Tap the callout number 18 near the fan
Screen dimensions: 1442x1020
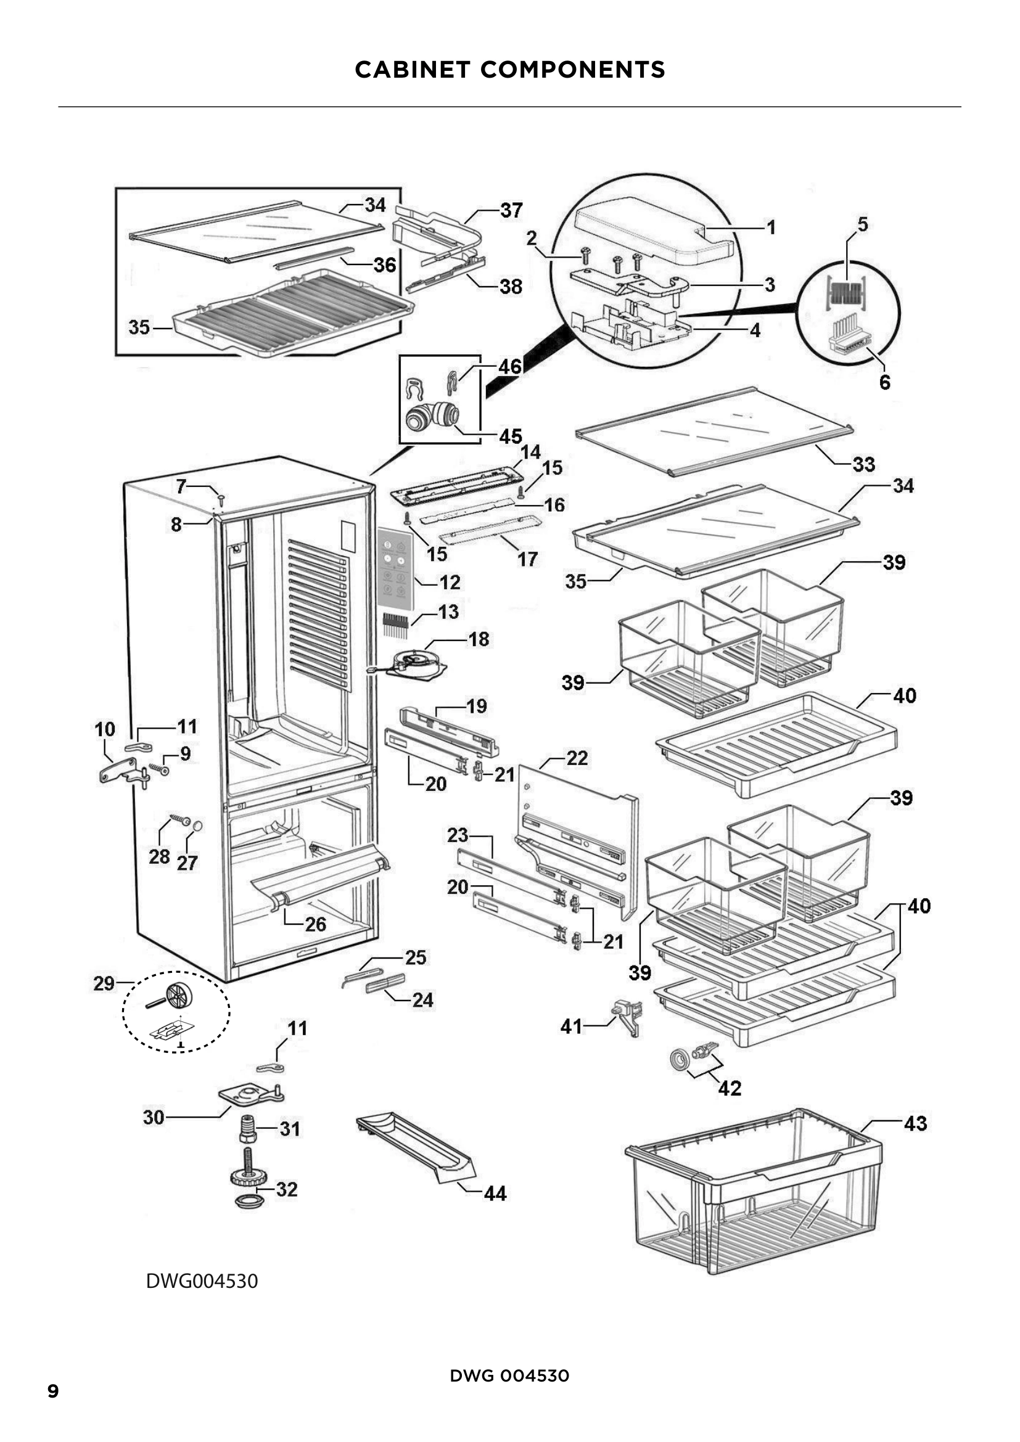479,639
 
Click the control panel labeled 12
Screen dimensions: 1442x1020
396,568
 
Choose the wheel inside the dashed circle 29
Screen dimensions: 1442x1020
178,994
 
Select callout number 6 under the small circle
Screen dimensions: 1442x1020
884,382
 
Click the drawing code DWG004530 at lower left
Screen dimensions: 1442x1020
202,1281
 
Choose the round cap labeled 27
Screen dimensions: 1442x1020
197,825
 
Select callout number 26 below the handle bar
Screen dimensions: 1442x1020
315,924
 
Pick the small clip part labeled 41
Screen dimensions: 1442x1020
628,1017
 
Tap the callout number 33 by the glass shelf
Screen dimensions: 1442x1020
863,464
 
